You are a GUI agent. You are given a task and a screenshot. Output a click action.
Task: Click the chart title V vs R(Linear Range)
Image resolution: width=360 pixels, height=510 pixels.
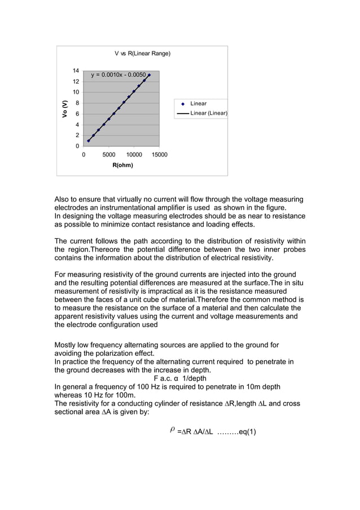click(142, 54)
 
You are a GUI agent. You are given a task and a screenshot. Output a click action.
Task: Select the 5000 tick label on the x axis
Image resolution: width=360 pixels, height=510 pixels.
click(109, 154)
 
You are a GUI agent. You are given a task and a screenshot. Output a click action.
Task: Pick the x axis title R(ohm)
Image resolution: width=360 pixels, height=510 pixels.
click(122, 165)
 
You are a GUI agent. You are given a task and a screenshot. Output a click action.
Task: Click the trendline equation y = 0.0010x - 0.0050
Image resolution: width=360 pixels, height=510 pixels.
click(118, 75)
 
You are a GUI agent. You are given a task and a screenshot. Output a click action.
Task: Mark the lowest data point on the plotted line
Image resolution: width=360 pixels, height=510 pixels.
click(89, 141)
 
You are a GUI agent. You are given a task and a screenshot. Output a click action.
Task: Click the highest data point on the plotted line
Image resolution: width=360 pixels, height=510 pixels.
click(149, 75)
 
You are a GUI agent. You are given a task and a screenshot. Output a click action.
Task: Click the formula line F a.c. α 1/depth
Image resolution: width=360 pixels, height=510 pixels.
click(179, 378)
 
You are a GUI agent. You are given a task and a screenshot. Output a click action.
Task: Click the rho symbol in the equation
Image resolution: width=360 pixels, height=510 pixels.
click(172, 431)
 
